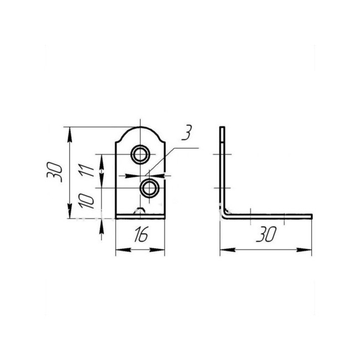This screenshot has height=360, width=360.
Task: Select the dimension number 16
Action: (141, 234)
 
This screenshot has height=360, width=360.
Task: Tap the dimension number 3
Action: (187, 132)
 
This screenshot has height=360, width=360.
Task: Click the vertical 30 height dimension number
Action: (54, 172)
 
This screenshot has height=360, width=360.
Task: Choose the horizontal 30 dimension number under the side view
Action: (266, 234)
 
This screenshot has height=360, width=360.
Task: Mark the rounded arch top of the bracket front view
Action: (140, 127)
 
